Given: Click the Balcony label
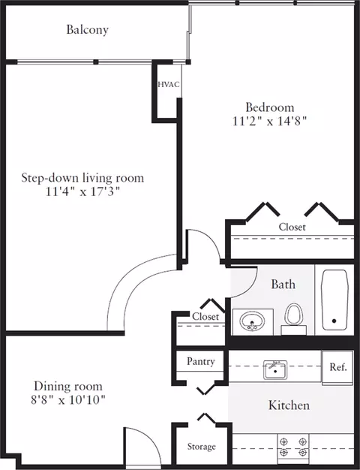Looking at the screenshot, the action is pos(87,30).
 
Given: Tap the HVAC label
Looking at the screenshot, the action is pos(169,85).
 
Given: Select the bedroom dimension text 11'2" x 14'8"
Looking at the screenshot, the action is pos(270,122).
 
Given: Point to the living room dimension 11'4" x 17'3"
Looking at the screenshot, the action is pos(82,191).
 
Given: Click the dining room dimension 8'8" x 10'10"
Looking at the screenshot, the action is pos(68,399).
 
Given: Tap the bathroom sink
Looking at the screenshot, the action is pos(253,322).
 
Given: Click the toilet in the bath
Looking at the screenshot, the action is pos(293,318).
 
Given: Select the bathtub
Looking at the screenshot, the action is pos(334,300).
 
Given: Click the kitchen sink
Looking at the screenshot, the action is pos(275,369).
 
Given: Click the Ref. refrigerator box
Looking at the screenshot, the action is pos(337,367).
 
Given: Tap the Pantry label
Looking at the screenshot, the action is pos(201,361).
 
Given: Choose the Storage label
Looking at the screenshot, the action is pos(201,447).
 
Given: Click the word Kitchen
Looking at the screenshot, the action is pos(289,405).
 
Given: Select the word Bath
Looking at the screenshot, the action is pos(283,284).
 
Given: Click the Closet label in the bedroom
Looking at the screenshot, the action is pos(292,227).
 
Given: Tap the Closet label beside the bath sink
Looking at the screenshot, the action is pos(205,317).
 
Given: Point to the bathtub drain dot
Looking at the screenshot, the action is pos(334,321).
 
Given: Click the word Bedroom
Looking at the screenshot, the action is pos(270,107).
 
